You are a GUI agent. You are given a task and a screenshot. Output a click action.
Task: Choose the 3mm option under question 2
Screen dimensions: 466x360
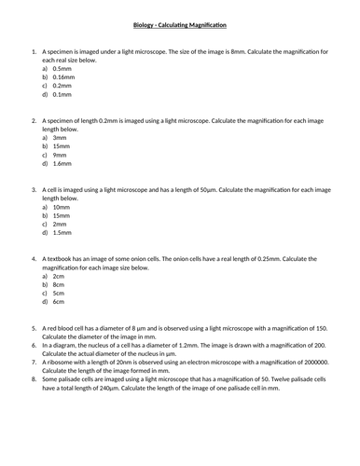60,137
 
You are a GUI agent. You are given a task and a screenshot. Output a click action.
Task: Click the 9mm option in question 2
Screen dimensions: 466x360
60,155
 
